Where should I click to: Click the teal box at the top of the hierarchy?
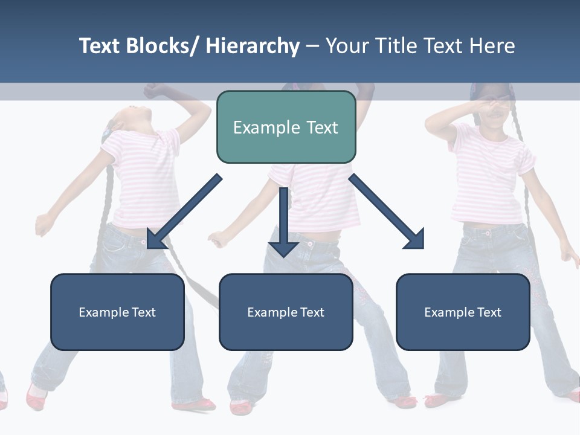point(286,127)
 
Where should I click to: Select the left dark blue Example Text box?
point(117,312)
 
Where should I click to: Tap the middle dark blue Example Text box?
point(286,312)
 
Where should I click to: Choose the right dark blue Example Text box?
point(463,312)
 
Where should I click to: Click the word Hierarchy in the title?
point(252,46)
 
